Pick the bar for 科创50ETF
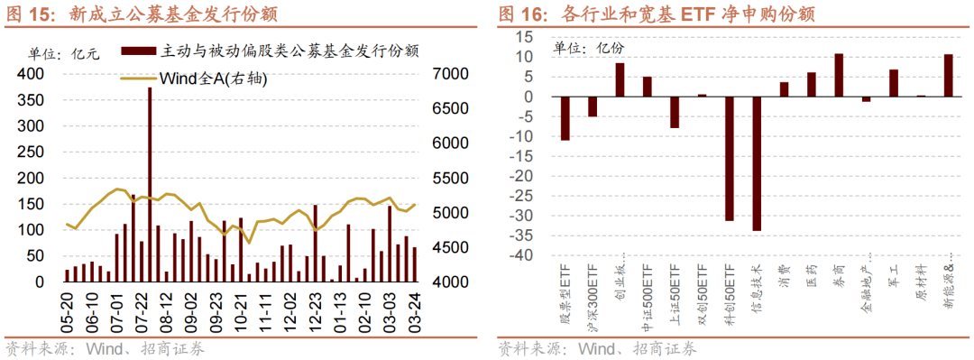click(730, 159)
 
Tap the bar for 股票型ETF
click(565, 119)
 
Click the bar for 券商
click(839, 76)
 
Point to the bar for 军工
click(894, 83)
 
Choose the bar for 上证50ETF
click(675, 113)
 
